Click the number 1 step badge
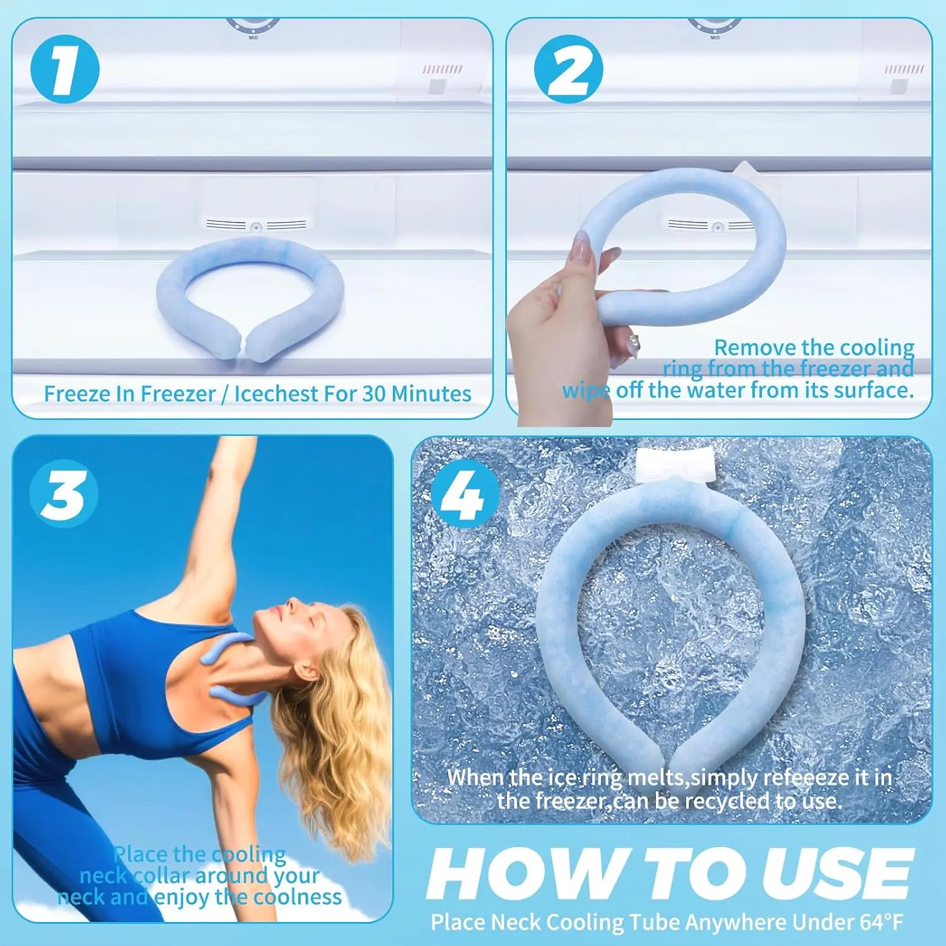65,69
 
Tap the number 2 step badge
568,69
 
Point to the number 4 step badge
465,494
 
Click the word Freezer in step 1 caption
179,394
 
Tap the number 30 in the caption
373,394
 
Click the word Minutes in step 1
431,394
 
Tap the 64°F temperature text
881,922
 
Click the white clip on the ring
675,464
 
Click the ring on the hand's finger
633,343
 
